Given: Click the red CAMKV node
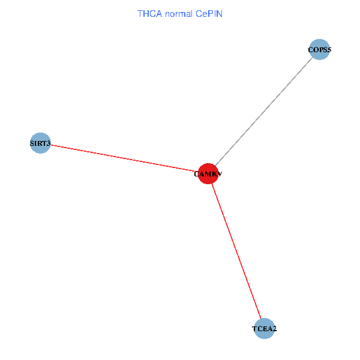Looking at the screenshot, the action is point(208,173).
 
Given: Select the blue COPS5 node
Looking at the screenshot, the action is point(319,50).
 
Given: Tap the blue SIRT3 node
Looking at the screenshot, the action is point(40,143).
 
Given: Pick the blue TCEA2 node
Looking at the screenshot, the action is point(264,328).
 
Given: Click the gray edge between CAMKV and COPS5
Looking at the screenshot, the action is point(264,111).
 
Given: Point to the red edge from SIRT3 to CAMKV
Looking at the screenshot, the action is point(123,158).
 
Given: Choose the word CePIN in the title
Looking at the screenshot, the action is point(208,13).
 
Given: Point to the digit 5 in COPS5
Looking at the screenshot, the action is point(328,50).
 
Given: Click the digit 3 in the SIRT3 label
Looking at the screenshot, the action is point(49,143).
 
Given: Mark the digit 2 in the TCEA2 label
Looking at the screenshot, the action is point(274,329).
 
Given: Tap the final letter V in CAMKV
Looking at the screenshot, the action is point(220,174).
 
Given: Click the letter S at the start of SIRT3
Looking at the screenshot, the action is point(32,143).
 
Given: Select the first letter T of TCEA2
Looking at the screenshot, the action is point(254,329).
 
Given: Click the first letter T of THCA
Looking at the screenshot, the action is point(140,13).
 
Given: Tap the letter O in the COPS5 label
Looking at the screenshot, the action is point(316,50).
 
